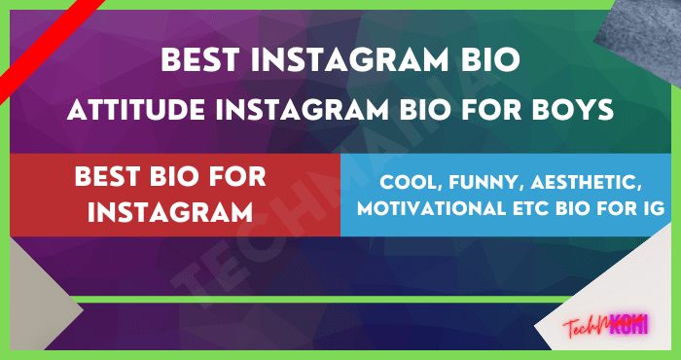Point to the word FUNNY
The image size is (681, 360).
pyautogui.click(x=468, y=182)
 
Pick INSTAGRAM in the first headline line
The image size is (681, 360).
pyautogui.click(x=360, y=62)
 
